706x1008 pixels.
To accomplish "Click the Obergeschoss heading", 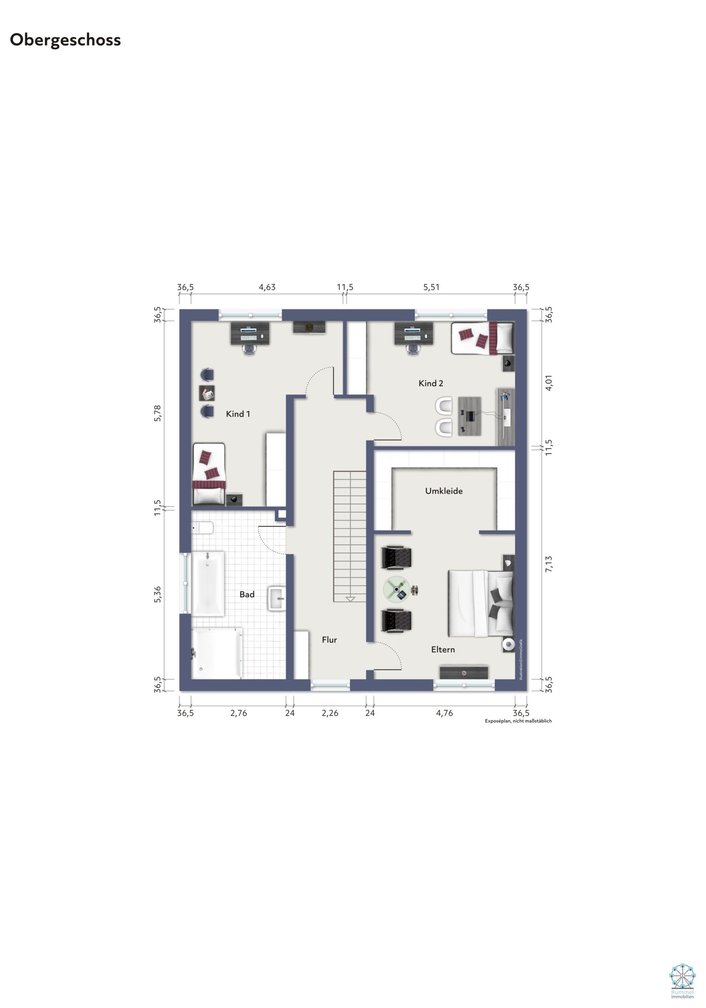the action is coord(65,40).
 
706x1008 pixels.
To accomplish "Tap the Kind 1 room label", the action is coord(238,414).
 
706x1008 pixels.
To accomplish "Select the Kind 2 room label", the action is coord(431,383).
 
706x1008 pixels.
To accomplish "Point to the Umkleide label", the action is coord(444,491).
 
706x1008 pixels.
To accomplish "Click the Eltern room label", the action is coord(443,650).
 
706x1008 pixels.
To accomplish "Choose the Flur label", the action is coord(329,640).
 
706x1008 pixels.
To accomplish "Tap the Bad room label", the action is coord(247,594).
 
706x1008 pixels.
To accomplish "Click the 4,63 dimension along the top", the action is coord(267,287).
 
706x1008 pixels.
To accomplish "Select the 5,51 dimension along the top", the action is coord(431,287).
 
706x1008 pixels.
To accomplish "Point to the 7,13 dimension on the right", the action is coord(548,564).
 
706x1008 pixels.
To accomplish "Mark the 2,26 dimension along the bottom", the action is coord(330,713).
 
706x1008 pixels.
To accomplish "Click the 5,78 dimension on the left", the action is coord(158,413).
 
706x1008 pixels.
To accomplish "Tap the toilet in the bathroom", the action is coord(203,527).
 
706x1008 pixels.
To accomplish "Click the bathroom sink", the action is coord(277,599).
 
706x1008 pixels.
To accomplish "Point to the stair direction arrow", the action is coord(350,599).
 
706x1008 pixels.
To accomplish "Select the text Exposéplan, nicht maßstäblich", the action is coord(518,721).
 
